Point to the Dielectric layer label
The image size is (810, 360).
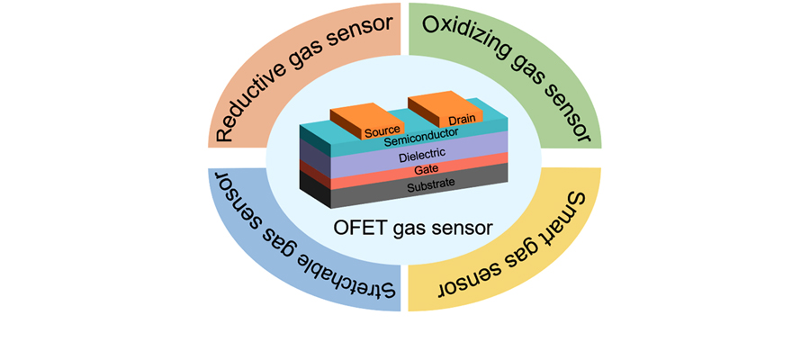click(x=424, y=154)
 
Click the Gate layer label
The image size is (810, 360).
click(x=427, y=169)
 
